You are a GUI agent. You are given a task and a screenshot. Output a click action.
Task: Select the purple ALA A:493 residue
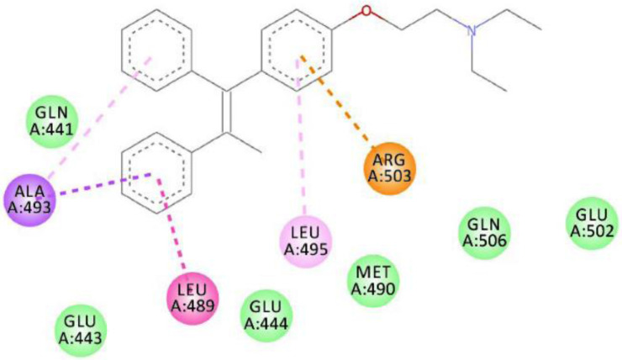coord(27,198)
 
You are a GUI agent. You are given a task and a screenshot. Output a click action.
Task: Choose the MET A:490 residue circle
coord(373,281)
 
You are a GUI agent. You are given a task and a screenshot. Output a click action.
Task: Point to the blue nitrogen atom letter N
coord(472,33)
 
